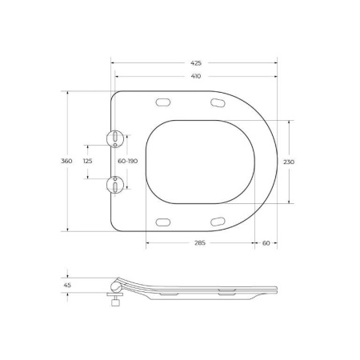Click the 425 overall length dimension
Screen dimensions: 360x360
[x=196, y=62]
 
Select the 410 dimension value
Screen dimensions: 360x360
[x=196, y=77]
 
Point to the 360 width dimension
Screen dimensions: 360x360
[x=67, y=161]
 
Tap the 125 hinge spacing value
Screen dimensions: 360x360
[x=88, y=161]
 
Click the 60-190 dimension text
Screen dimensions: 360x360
[x=127, y=161]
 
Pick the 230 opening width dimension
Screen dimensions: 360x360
[x=289, y=161]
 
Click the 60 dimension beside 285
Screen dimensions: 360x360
[x=266, y=242]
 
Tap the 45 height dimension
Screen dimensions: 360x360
[x=67, y=283]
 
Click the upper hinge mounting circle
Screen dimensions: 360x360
[x=117, y=138]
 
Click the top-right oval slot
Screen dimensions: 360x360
[x=218, y=102]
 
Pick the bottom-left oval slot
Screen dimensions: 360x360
[x=165, y=221]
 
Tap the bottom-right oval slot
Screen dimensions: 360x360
[x=218, y=221]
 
